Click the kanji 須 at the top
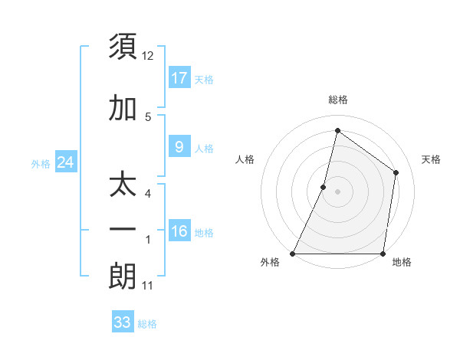(123, 48)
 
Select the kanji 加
(123, 109)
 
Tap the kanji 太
(123, 187)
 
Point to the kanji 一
(123, 231)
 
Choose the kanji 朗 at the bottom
(123, 277)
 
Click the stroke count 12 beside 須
(148, 56)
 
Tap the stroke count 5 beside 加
(148, 117)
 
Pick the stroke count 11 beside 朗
(148, 286)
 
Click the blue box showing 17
(179, 77)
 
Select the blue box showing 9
(179, 146)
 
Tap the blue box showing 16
(179, 231)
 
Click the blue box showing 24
(66, 162)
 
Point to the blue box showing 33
(123, 322)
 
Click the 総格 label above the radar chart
(338, 100)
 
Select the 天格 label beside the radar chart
(431, 159)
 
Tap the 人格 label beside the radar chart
(245, 159)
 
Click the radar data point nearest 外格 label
(293, 254)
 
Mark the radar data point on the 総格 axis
(337, 130)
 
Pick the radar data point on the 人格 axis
(324, 187)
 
